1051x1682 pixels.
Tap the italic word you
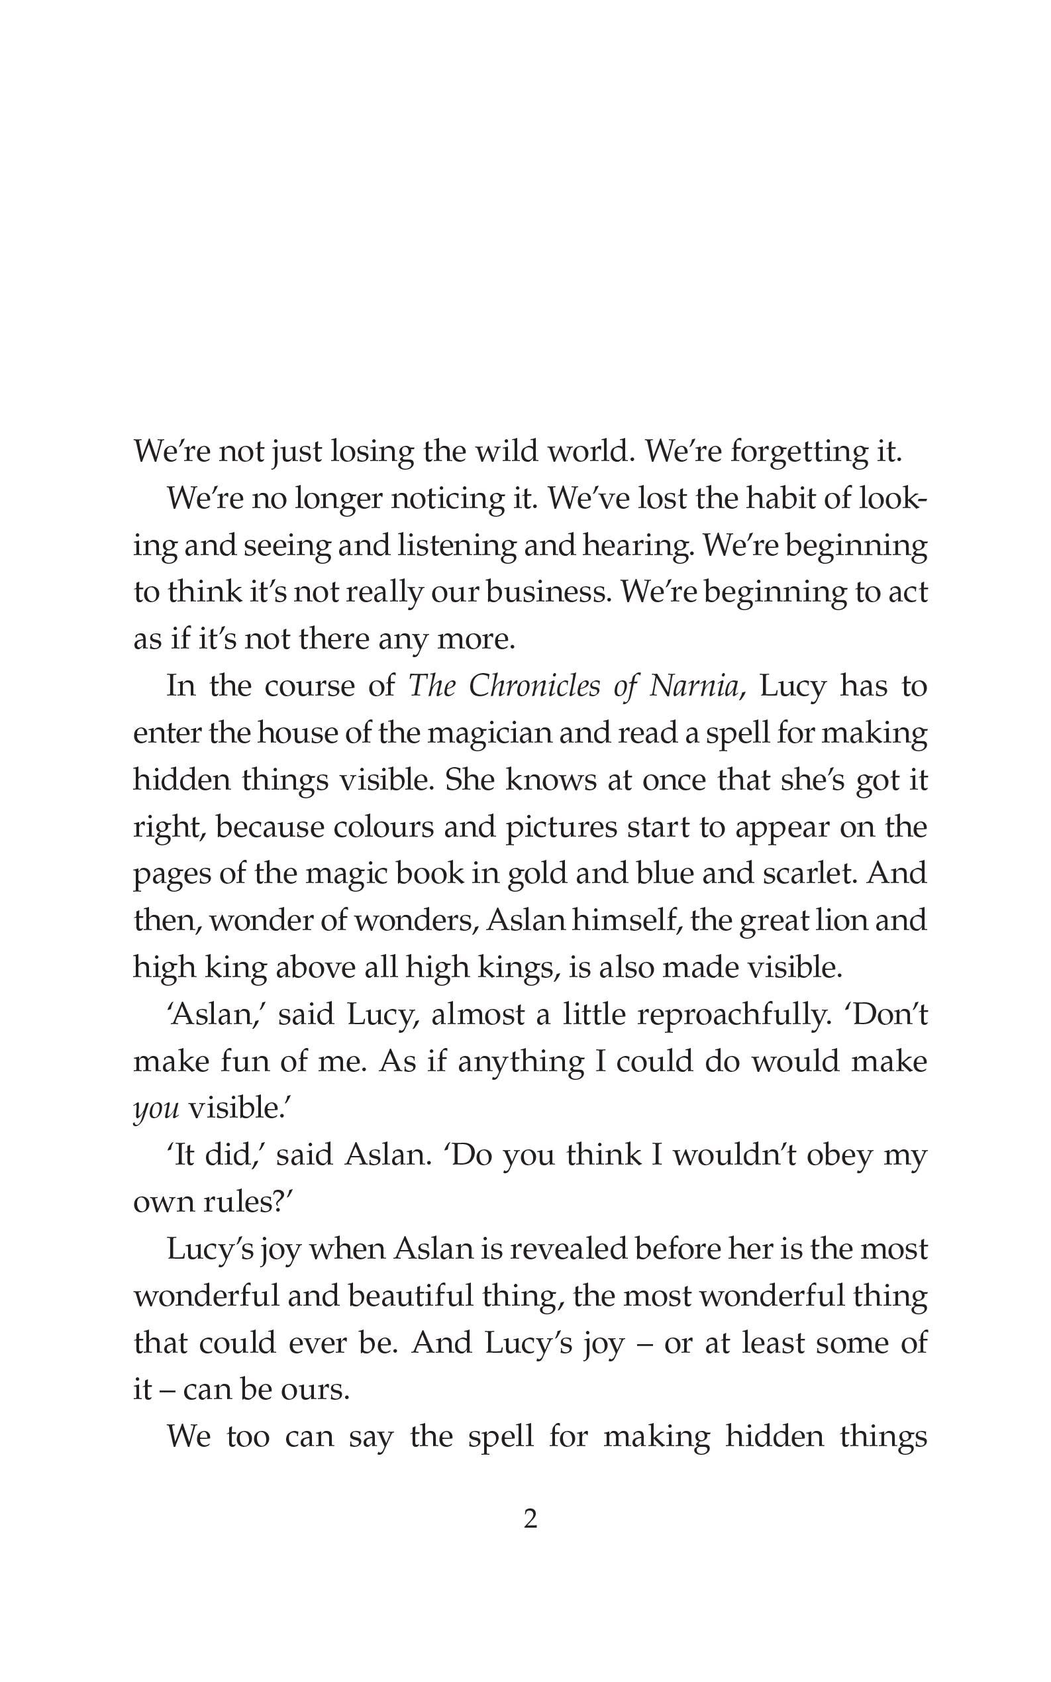click(156, 1110)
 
